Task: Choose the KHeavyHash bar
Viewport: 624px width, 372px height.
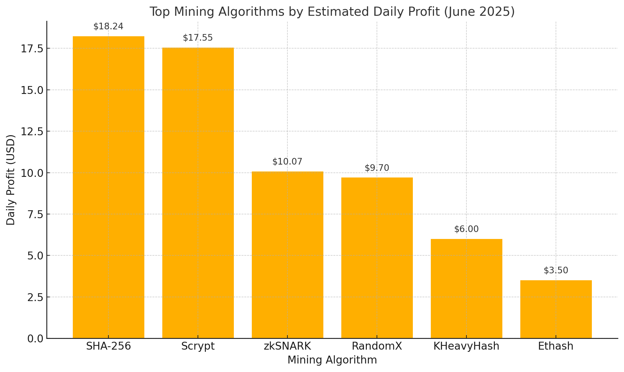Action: (x=466, y=288)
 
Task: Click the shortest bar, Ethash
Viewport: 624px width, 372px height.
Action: (x=556, y=309)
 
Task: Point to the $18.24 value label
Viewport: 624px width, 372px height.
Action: (x=108, y=26)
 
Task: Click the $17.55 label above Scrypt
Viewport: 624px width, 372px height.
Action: (x=198, y=38)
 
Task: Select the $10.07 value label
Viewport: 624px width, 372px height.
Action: (x=287, y=162)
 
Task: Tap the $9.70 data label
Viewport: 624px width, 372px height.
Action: (x=377, y=168)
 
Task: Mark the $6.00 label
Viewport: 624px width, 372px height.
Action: (x=466, y=229)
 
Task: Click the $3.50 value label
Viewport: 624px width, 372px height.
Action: (x=556, y=270)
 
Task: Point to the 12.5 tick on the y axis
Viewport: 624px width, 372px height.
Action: (x=32, y=131)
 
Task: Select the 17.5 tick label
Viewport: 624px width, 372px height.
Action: (x=32, y=49)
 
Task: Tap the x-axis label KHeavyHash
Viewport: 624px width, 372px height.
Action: (x=466, y=346)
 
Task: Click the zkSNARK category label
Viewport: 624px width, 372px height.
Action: (x=287, y=346)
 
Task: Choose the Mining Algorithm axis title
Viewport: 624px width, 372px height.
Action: (x=332, y=360)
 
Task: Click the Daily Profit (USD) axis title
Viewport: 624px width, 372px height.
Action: (x=11, y=180)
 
